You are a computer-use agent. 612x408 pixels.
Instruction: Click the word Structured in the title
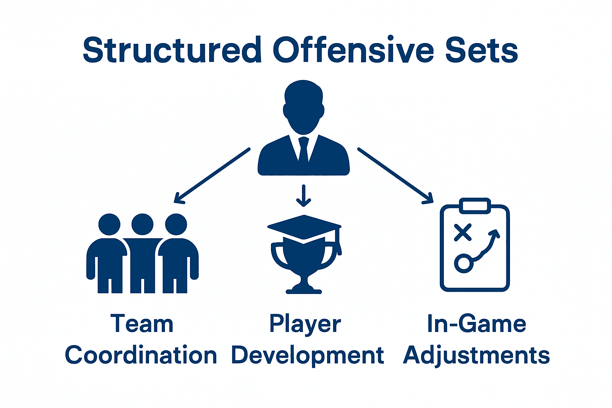click(x=172, y=50)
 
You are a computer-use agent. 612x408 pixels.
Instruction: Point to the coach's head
click(x=304, y=106)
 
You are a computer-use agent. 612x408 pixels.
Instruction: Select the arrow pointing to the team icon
click(x=212, y=175)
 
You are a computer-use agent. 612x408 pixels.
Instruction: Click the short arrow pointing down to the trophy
click(x=304, y=196)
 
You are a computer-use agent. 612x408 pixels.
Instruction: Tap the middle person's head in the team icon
click(x=142, y=224)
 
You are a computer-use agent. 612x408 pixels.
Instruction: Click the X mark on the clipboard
click(x=463, y=232)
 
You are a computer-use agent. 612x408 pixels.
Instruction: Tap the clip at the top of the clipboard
click(x=475, y=206)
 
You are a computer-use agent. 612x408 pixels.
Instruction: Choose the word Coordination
click(x=141, y=355)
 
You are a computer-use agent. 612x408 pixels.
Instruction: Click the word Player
click(x=305, y=324)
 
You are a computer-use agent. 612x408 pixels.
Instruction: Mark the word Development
click(x=307, y=356)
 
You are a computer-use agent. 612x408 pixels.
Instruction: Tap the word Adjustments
click(x=477, y=355)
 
